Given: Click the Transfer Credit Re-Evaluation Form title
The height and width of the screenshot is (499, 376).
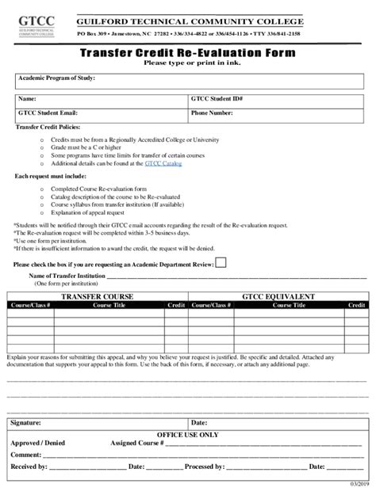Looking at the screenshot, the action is click(x=188, y=52).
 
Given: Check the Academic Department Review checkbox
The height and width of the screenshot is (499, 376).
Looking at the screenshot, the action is click(x=221, y=262).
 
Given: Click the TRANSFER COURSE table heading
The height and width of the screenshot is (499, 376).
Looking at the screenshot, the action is click(x=98, y=295).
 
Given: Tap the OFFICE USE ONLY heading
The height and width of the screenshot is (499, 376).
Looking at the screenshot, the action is click(x=188, y=435).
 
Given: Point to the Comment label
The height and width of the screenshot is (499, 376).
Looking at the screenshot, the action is click(x=26, y=455).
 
